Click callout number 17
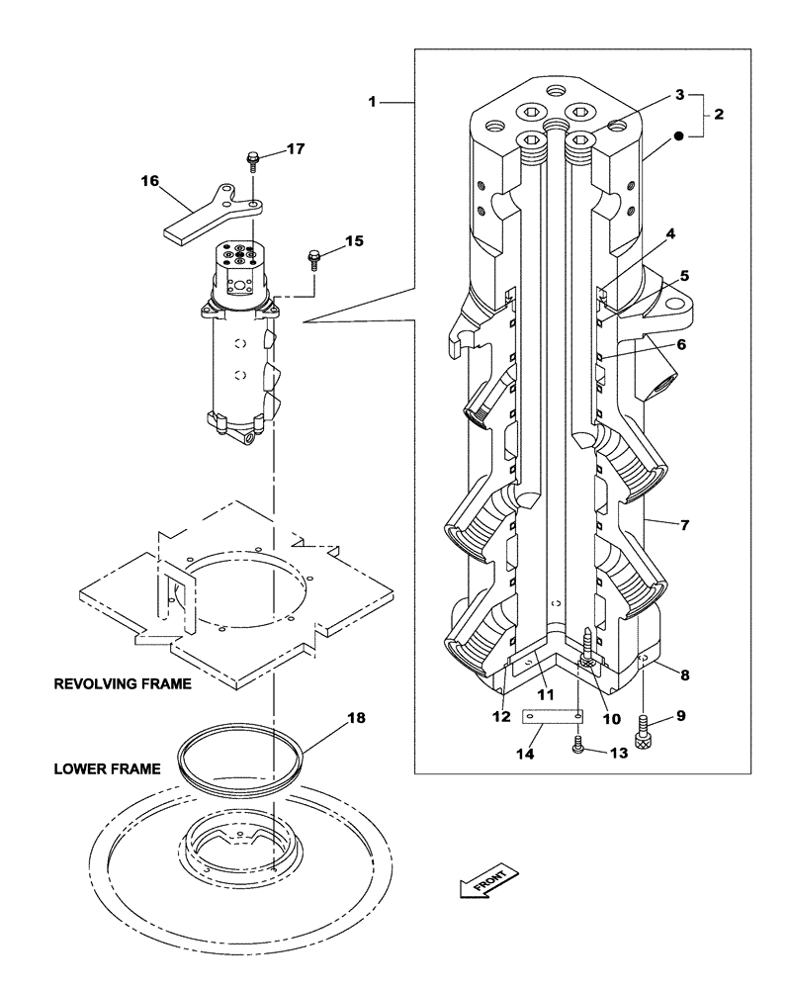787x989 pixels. pos(296,149)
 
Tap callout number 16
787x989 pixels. pos(149,181)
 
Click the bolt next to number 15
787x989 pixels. pos(314,260)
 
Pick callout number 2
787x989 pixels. pos(718,115)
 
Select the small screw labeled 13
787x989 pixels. pos(579,751)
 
